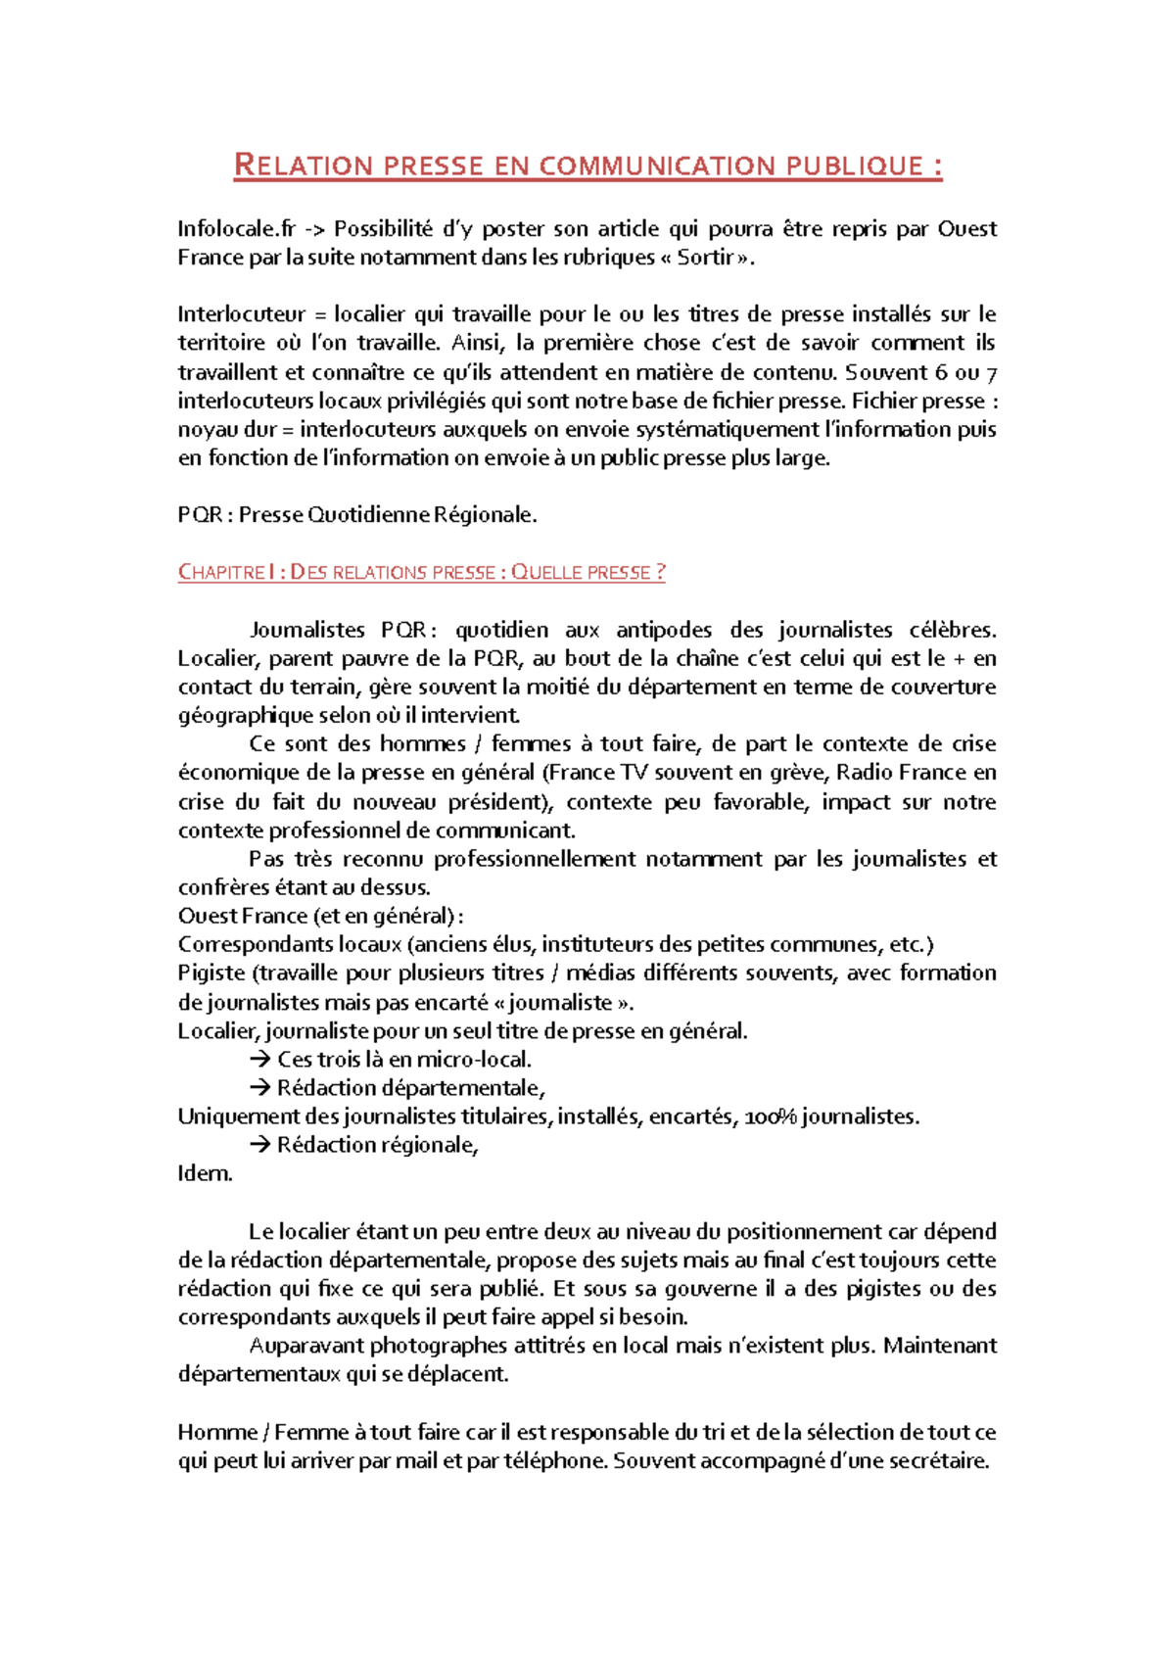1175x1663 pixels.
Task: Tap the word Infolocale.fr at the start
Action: pos(236,229)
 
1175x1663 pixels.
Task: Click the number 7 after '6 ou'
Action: pos(991,372)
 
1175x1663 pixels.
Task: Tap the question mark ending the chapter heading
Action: pos(661,573)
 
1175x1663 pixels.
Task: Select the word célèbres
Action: pos(951,630)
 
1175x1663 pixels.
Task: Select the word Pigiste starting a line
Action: pos(211,974)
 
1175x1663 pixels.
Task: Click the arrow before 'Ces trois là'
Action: pos(259,1060)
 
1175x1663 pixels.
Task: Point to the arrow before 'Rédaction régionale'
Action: pos(259,1145)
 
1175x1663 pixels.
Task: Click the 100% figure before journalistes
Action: pos(771,1117)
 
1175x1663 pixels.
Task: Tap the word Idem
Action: pos(205,1174)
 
